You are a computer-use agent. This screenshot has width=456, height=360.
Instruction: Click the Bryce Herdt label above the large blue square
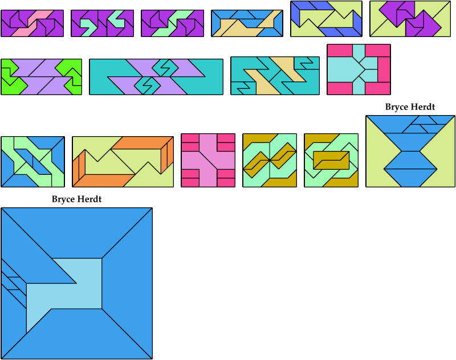76,199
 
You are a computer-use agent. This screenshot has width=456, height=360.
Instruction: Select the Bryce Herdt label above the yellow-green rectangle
410,107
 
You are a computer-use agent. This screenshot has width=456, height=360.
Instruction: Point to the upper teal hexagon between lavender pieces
165,68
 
